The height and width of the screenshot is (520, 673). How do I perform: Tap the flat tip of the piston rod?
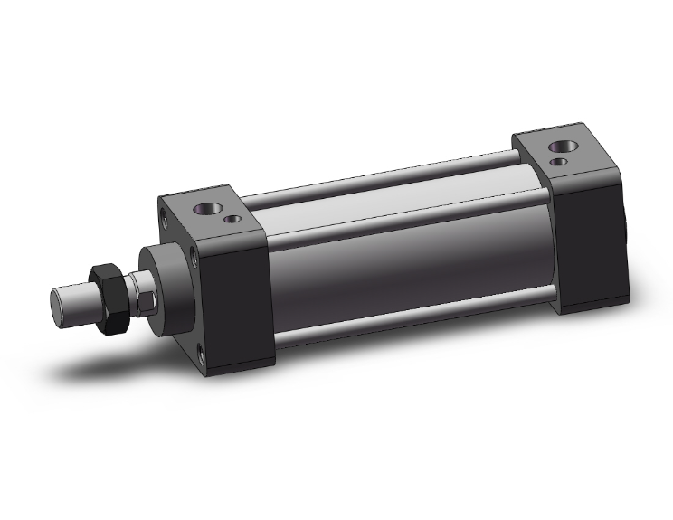tap(61, 304)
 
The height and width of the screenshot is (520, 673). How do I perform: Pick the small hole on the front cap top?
tap(235, 218)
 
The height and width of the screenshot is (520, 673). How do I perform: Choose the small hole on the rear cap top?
tap(564, 162)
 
